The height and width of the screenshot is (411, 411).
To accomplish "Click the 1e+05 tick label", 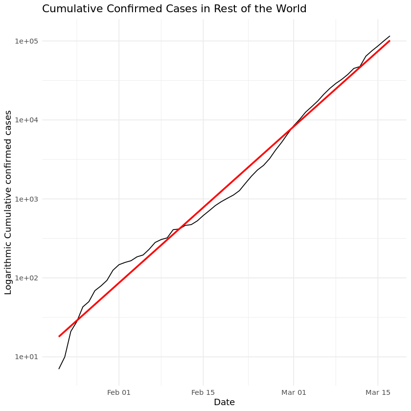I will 26,41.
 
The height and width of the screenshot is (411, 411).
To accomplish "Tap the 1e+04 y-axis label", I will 26,120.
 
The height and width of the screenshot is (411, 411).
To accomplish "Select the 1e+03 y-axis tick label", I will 26,199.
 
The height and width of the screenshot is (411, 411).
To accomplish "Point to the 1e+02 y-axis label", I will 26,278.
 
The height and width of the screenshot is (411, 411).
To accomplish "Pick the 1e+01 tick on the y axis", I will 26,357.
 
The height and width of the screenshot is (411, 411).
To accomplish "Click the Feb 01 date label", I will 119,392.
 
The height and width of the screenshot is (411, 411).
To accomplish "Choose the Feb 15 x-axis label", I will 203,392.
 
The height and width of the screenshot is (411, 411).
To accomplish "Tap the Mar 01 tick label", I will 294,392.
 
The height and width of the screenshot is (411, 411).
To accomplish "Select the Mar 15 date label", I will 378,392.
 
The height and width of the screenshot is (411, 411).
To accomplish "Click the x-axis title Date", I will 224,403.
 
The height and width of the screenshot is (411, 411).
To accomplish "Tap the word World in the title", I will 292,9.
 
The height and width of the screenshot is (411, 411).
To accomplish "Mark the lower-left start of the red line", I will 59,336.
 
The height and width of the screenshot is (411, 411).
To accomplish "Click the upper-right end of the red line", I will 389,41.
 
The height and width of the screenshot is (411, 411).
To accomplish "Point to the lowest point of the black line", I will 59,368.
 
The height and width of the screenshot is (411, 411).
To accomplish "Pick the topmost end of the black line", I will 389,36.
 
